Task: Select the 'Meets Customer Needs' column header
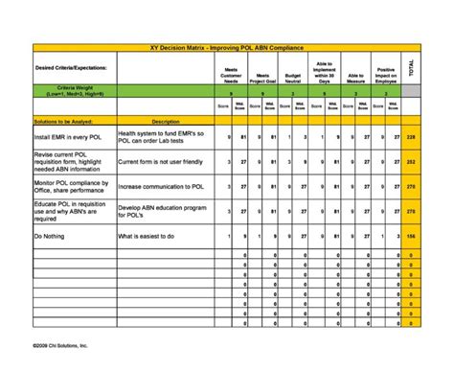231,75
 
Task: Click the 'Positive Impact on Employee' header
386,73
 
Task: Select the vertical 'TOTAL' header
412,69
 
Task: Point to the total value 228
412,139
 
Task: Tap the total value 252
412,163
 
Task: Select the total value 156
412,235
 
